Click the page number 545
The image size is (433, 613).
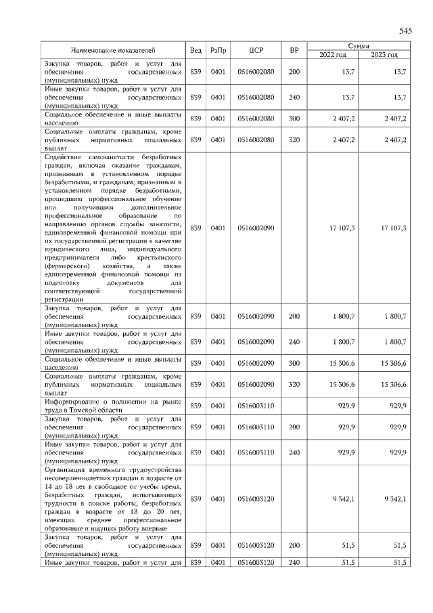point(405,31)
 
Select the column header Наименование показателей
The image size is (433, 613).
point(113,50)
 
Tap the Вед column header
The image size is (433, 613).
point(196,50)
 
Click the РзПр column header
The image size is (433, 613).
point(218,50)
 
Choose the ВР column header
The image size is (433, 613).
point(294,50)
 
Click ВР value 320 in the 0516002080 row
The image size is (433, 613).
point(294,140)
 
